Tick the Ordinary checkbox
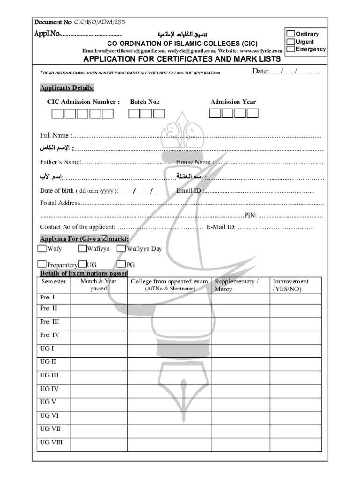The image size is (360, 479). (x=290, y=34)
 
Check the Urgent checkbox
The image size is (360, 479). (x=290, y=42)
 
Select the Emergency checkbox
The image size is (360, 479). (x=290, y=49)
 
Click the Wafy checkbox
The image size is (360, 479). (x=43, y=248)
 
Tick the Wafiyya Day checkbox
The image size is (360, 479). (x=121, y=248)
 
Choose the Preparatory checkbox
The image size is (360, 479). (x=43, y=264)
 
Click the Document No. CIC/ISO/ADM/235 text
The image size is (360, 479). (x=79, y=22)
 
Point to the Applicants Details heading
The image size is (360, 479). (x=67, y=88)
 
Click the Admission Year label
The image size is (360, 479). (x=233, y=102)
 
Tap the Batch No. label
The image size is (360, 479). (x=145, y=102)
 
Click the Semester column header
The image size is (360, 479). (x=53, y=282)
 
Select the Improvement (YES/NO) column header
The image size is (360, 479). (x=290, y=285)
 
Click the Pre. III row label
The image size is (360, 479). (x=50, y=322)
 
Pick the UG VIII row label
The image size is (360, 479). (x=51, y=442)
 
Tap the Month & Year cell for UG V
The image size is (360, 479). (x=98, y=402)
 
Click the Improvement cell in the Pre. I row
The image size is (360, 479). (x=295, y=298)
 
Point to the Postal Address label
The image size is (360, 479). (x=60, y=203)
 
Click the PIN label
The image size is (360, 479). (x=251, y=215)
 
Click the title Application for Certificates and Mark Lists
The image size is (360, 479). (x=182, y=59)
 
